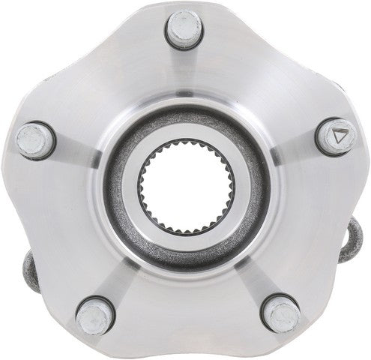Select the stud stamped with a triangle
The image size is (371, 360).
pyautogui.click(x=334, y=137)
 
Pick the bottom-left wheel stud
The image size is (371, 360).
pyautogui.click(x=94, y=314)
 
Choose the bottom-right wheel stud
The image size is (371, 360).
pyautogui.click(x=281, y=312)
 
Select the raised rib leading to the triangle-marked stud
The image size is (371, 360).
pyautogui.click(x=289, y=150)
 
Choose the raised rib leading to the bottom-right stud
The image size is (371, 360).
pyautogui.click(x=251, y=270)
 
